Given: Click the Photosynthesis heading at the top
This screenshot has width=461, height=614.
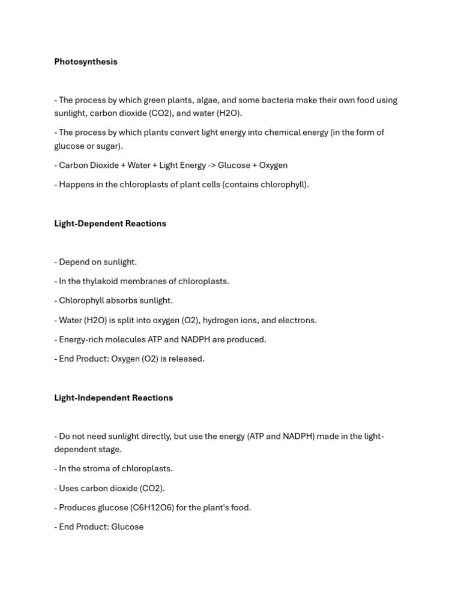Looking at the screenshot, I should (86, 62).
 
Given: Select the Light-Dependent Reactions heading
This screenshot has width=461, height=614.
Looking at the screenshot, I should (110, 224).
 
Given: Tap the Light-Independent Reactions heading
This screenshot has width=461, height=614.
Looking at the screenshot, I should (113, 398).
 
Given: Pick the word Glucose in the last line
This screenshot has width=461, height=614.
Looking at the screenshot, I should (127, 527).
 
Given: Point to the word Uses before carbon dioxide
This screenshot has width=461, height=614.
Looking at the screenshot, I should (68, 489).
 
